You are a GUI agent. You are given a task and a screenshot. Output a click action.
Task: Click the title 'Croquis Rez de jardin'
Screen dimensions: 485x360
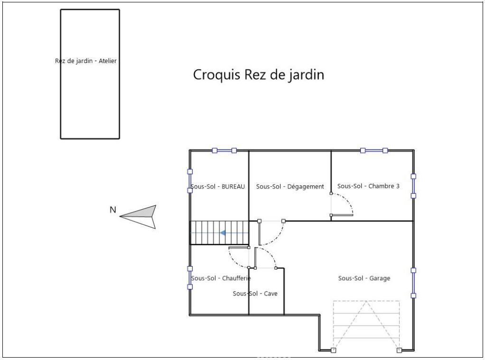pos(259,75)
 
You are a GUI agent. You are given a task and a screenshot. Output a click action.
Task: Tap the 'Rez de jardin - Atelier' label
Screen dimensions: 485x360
pos(86,61)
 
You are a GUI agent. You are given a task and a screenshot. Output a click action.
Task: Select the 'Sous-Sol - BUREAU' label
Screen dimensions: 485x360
pos(217,186)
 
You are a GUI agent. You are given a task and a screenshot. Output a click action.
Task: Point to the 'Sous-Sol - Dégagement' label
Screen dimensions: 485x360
pos(290,186)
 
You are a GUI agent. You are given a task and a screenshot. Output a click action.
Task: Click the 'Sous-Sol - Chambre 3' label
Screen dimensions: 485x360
pos(368,186)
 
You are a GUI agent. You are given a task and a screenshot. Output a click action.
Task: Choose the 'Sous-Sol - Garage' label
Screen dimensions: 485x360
pos(364,278)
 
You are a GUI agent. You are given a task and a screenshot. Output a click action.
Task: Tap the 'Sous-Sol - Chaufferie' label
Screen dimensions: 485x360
pos(221,278)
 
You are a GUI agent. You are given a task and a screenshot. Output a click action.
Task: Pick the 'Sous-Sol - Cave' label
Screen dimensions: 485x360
pos(255,294)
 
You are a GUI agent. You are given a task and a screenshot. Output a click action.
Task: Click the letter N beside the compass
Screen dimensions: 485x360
pos(113,210)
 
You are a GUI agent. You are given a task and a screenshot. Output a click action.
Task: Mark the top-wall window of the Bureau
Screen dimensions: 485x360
pos(224,151)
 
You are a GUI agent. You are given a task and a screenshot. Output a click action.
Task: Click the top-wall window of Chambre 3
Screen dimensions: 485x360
pos(374,151)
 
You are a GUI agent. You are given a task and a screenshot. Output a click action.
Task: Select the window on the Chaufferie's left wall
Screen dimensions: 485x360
pos(190,278)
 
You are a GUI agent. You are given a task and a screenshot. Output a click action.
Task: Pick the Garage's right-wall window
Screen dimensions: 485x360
pos(413,283)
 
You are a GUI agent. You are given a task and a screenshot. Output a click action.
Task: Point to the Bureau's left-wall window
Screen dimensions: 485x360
pos(190,181)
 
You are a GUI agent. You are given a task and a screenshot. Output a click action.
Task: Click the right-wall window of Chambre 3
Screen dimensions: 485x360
pos(413,186)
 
